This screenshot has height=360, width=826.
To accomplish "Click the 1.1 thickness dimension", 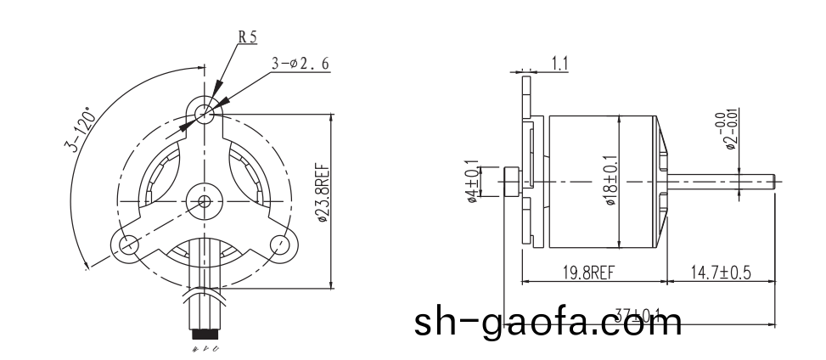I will (559, 63).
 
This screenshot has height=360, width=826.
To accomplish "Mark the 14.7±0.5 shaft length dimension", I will (721, 272).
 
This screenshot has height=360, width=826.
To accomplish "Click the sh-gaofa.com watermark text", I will (548, 322).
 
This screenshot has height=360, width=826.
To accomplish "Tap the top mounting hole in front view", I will (203, 112).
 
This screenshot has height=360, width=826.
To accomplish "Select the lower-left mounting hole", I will (128, 245).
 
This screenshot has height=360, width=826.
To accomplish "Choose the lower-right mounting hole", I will (279, 245).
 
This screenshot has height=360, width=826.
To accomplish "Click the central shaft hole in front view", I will (204, 200).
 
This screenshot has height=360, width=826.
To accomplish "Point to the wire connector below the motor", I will (204, 326).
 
